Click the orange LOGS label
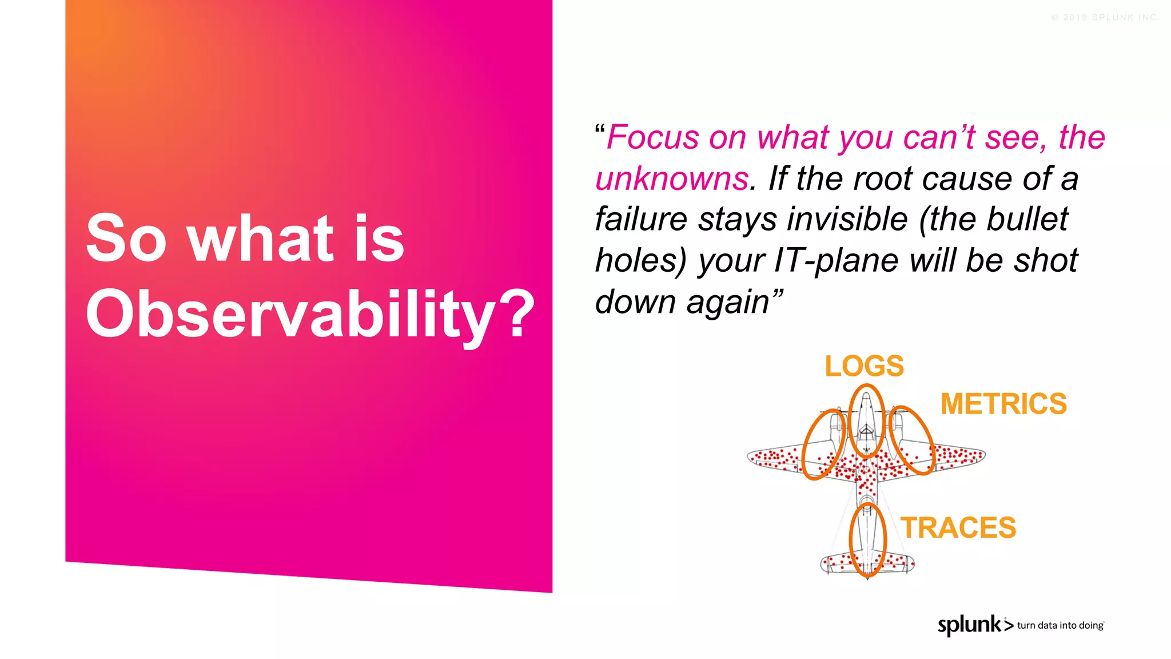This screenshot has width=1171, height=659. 864,366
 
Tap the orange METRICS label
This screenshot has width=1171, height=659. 1003,404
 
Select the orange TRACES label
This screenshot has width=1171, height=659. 958,527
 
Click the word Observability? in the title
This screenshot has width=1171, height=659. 309,314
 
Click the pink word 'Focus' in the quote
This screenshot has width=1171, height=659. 652,138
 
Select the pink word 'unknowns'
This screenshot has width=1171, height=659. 672,179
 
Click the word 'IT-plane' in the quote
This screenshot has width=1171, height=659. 835,261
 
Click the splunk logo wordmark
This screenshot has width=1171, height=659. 969,625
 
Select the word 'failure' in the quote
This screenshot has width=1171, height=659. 640,220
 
